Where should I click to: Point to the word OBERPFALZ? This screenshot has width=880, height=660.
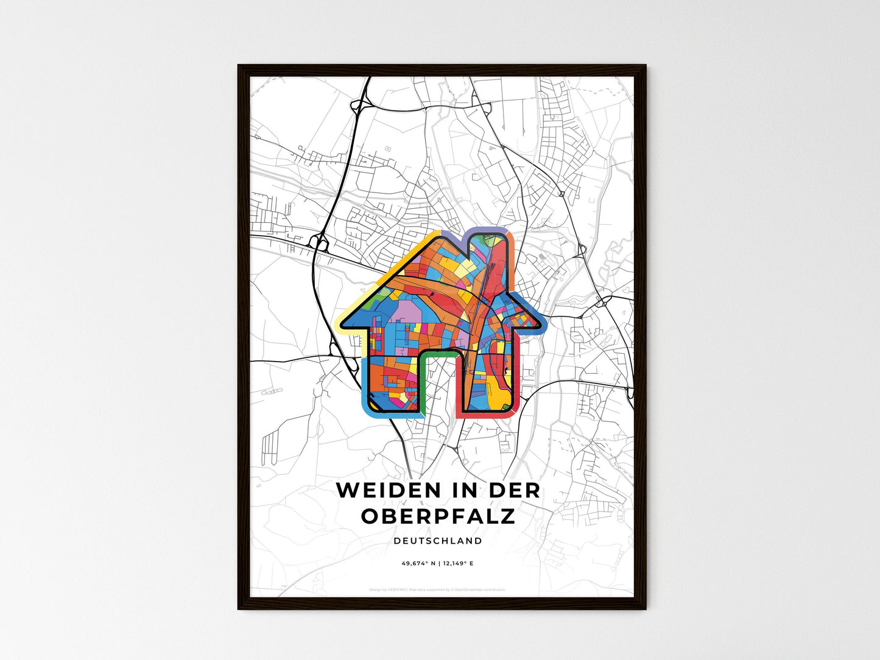(x=438, y=516)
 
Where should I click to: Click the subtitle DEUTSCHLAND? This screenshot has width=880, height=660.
(x=438, y=541)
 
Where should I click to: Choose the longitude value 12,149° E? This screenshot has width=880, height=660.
(x=458, y=564)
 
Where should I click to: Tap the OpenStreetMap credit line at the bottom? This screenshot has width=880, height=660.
(x=437, y=589)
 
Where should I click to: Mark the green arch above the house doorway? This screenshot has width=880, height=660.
(x=438, y=354)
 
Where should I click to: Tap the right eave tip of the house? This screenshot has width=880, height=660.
(x=541, y=323)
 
